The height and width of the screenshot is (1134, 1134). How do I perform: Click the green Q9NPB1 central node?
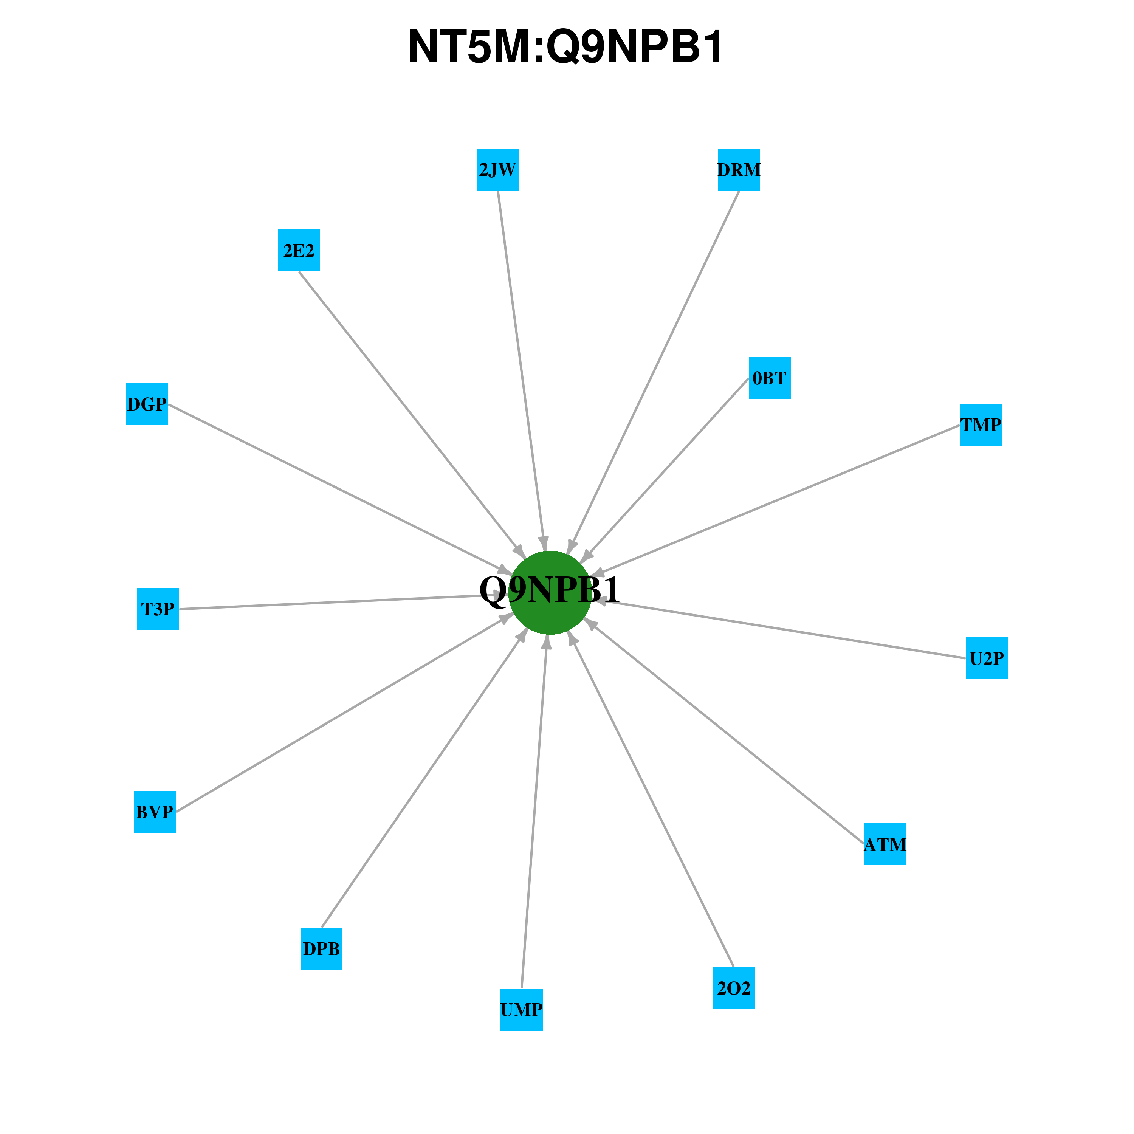coord(550,592)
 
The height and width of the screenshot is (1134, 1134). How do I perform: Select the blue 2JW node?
coord(498,170)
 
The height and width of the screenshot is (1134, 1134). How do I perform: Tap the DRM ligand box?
coord(739,170)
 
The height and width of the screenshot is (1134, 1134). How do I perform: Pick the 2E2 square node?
coord(299,251)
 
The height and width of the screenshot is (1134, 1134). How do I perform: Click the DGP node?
coord(147,404)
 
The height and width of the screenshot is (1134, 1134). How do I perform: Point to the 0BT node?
coord(770,378)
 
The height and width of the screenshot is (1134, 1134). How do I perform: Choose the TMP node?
coord(981,425)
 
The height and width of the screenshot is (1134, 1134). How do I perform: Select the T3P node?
coord(158,609)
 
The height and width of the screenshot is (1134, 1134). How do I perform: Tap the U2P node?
coord(987,658)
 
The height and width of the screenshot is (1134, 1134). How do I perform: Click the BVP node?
coord(155,812)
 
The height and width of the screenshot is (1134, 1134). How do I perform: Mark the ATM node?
coord(885,844)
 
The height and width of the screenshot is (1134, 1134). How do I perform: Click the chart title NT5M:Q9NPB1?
coord(566,47)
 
